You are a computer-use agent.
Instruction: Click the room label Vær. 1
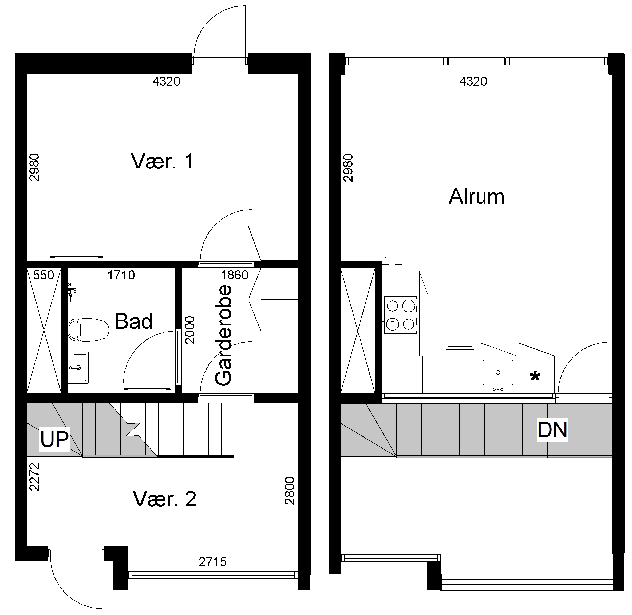point(162,161)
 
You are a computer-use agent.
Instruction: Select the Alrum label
point(476,196)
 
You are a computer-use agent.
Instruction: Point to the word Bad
point(134,321)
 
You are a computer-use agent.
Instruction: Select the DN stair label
point(552,430)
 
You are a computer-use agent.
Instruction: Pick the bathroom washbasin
point(78,367)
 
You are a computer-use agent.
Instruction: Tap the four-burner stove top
point(400,316)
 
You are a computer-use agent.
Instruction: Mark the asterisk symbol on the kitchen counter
point(535,376)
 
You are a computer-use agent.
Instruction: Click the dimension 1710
point(121,275)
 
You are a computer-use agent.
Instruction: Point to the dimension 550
point(44,275)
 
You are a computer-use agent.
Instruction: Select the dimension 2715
point(212,562)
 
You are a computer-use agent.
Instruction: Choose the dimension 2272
point(34,477)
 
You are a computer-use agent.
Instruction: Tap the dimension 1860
point(235,275)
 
